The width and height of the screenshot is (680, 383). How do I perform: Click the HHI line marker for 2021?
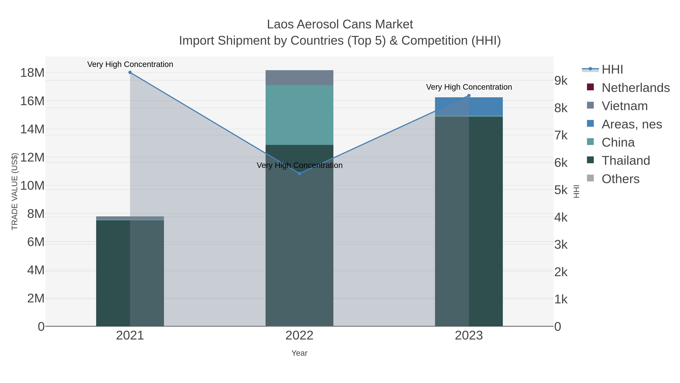tap(130, 72)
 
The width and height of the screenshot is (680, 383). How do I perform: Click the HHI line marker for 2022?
tap(299, 173)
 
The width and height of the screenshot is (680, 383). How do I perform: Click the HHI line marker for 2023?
tap(469, 96)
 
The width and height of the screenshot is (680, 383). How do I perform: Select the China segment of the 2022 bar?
tap(299, 115)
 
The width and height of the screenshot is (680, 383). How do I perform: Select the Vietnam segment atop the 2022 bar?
tap(299, 78)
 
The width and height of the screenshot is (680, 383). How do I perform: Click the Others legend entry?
tap(620, 179)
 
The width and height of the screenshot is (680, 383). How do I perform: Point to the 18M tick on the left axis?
tap(32, 73)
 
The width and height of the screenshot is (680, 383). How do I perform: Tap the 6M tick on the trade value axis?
tap(36, 242)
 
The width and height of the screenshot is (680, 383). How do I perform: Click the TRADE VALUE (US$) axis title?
tap(15, 191)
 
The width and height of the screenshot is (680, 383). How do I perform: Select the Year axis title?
tap(299, 353)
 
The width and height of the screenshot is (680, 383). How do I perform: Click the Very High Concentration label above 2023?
tap(469, 87)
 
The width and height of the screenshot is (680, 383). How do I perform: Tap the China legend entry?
tap(618, 142)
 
